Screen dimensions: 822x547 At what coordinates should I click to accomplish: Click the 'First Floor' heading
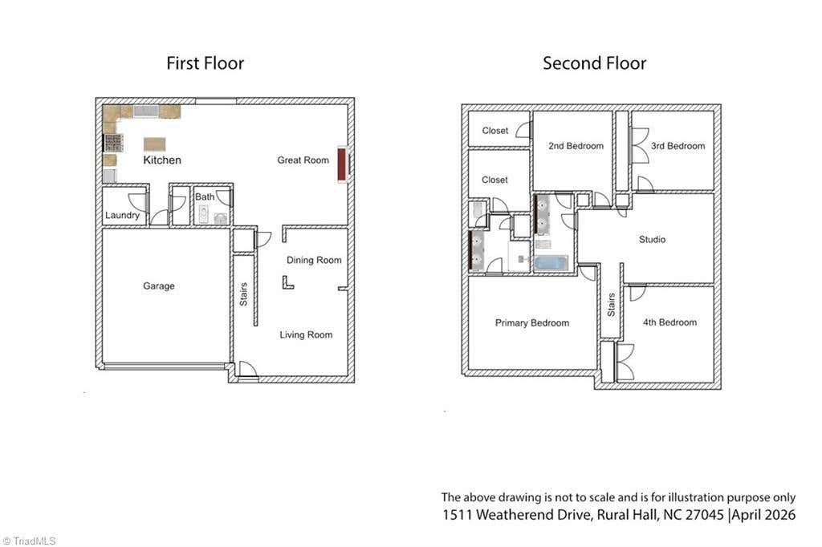[x=205, y=63]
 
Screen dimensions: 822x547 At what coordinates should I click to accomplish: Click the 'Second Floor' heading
[x=595, y=63]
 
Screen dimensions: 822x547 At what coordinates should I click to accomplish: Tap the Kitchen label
[x=162, y=160]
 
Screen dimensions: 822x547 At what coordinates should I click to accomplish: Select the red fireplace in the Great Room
[x=341, y=164]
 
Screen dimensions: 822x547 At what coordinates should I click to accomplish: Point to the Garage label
[x=159, y=286]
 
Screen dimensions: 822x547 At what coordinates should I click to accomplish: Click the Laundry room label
[x=122, y=215]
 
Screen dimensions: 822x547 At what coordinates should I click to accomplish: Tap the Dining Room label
[x=314, y=261]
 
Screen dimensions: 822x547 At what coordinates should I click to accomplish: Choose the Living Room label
[x=306, y=334]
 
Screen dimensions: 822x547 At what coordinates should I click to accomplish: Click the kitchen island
[x=155, y=144]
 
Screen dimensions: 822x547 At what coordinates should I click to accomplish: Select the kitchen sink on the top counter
[x=146, y=111]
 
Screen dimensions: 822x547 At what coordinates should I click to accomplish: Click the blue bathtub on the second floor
[x=551, y=262]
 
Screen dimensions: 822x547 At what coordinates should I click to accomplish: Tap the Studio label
[x=652, y=240]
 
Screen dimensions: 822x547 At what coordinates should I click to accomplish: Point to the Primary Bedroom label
[x=532, y=323]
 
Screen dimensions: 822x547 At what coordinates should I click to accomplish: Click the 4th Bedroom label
[x=670, y=322]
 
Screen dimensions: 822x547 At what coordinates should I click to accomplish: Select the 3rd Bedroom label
[x=678, y=146]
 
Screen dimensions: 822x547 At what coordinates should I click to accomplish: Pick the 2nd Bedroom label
[x=576, y=146]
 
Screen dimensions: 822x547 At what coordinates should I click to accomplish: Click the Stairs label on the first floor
[x=244, y=294]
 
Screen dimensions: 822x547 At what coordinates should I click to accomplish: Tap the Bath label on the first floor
[x=205, y=197]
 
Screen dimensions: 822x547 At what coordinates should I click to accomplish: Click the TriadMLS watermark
[x=30, y=541]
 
